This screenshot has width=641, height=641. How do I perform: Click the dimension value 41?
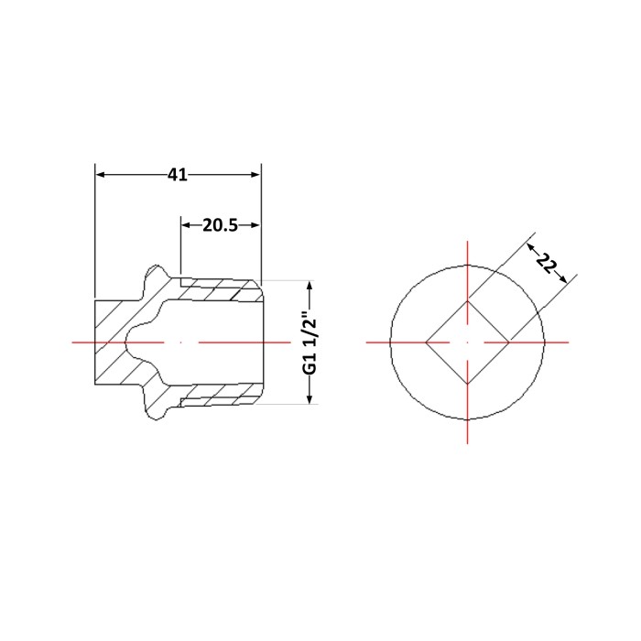click(x=178, y=175)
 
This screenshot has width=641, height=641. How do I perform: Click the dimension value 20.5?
click(x=220, y=225)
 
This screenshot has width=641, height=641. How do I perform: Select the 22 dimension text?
click(x=546, y=263)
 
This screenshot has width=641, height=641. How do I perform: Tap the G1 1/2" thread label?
click(x=310, y=342)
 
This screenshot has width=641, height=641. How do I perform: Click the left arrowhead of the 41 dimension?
click(x=101, y=175)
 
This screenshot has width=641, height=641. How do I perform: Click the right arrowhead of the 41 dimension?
click(x=255, y=175)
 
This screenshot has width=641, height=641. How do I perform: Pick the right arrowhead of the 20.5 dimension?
click(x=255, y=225)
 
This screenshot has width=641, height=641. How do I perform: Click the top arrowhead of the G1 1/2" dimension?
click(x=310, y=286)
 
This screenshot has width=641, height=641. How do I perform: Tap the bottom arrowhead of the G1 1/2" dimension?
click(x=310, y=399)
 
